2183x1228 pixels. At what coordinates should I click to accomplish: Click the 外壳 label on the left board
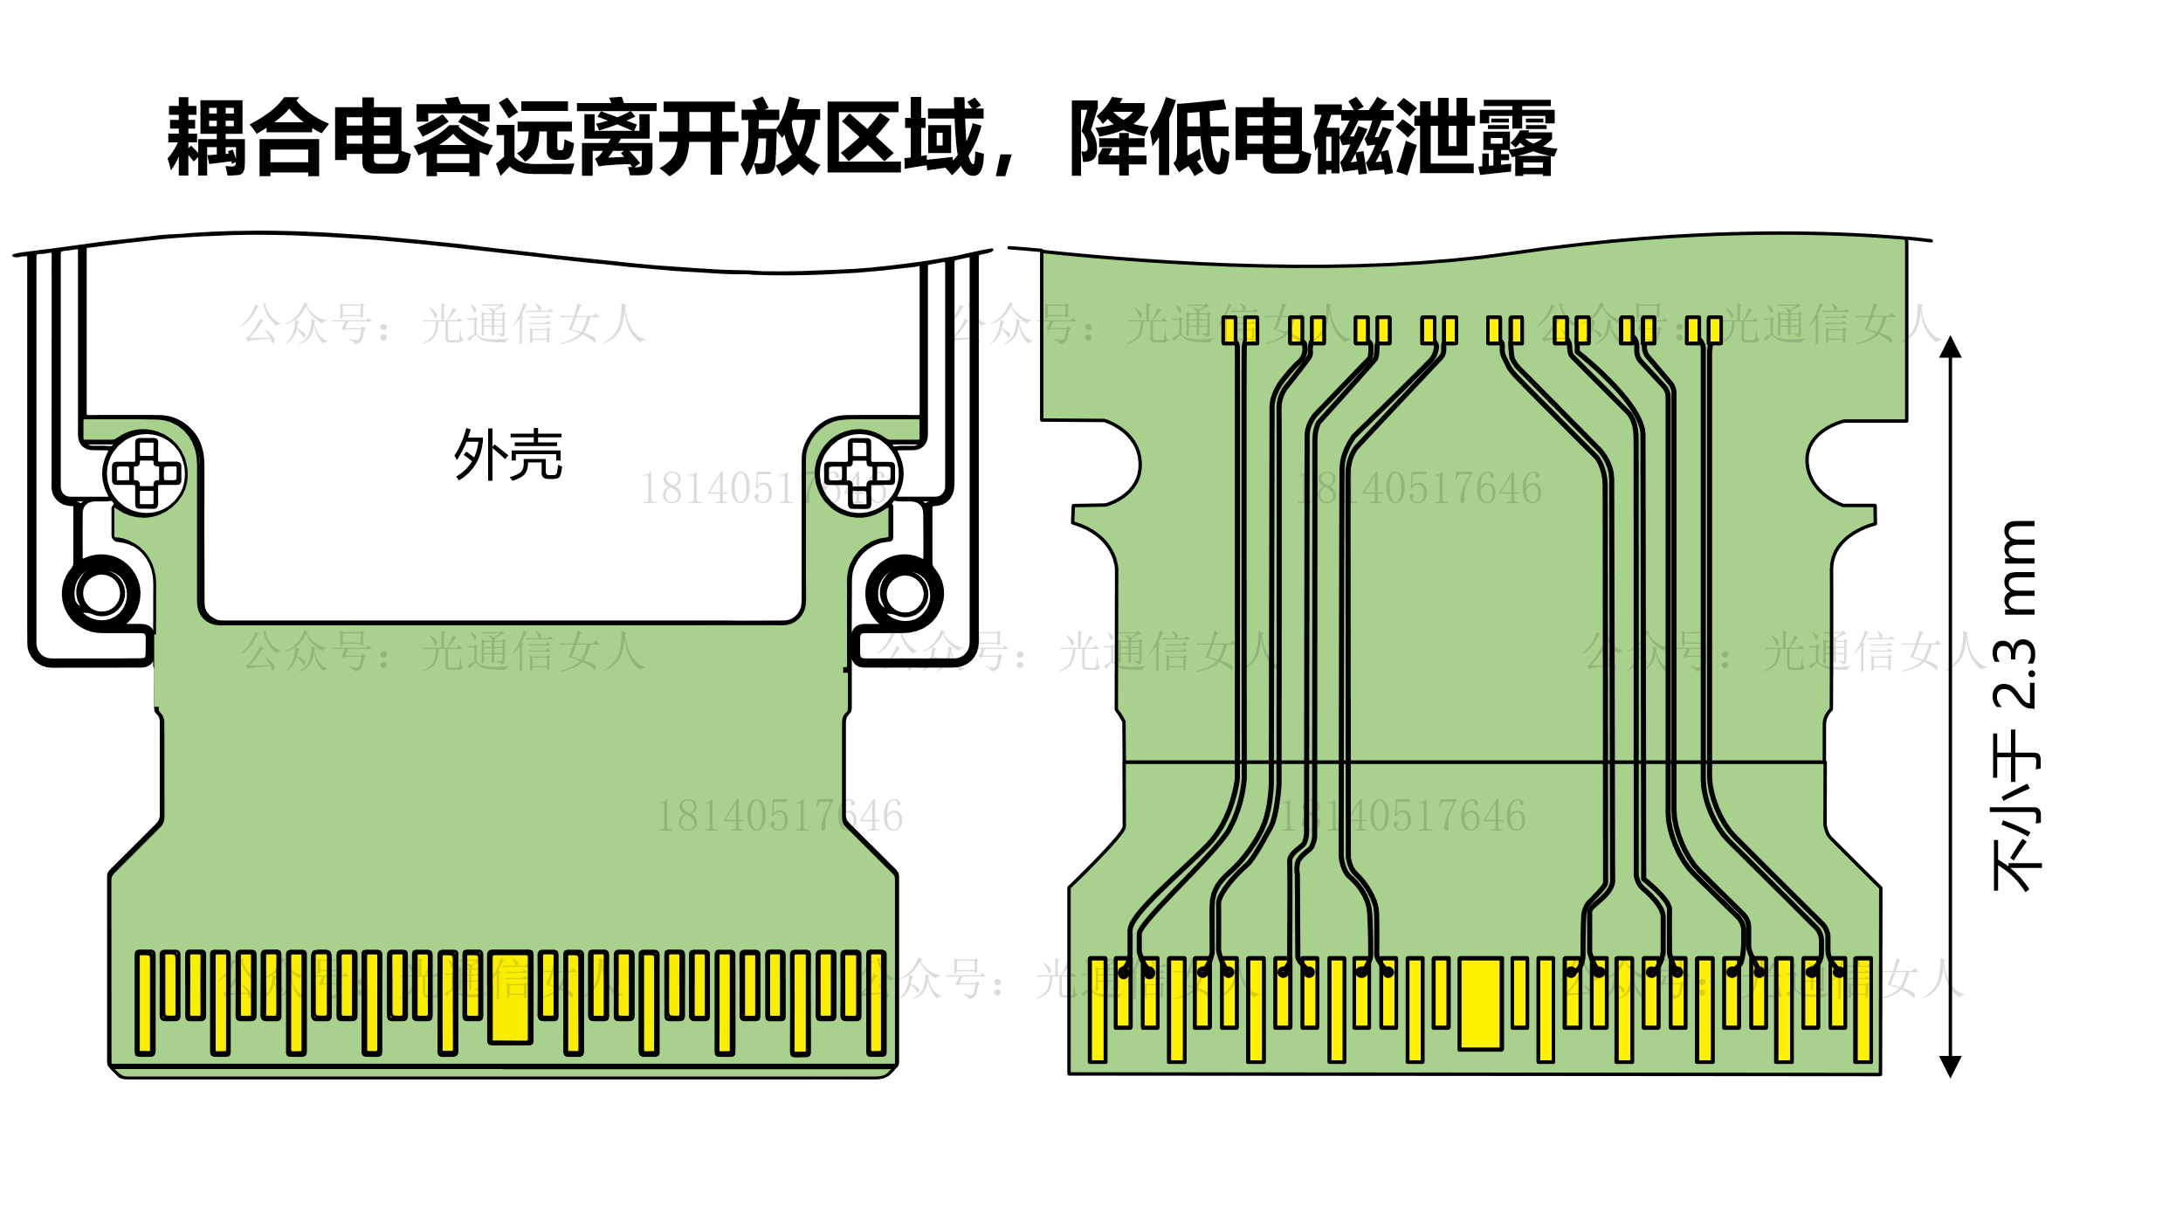click(x=508, y=455)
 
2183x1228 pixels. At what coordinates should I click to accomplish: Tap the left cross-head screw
click(x=145, y=473)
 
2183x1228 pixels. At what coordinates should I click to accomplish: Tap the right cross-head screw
click(x=860, y=473)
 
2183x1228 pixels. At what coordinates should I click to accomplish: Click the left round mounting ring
click(x=101, y=594)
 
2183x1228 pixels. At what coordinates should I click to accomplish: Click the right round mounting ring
click(x=905, y=594)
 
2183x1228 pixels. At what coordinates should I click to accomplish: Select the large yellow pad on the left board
click(x=511, y=997)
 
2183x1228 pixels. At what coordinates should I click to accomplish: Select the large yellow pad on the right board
click(x=1480, y=1004)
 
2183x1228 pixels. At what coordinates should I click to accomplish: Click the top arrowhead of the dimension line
click(x=1951, y=348)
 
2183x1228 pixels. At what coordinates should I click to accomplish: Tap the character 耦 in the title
click(x=206, y=137)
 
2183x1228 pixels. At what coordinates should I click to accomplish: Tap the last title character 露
click(x=1517, y=137)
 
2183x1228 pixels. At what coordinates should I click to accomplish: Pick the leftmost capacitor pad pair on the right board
click(x=1240, y=330)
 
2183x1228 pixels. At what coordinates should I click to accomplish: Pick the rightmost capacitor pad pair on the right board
click(x=1704, y=330)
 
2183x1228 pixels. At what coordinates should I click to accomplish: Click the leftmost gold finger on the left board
click(x=145, y=1003)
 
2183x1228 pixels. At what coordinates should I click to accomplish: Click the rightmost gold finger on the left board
click(x=877, y=1003)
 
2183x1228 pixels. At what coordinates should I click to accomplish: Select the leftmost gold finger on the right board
click(x=1098, y=1010)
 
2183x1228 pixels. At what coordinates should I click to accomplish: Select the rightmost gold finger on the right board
click(x=1863, y=1010)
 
